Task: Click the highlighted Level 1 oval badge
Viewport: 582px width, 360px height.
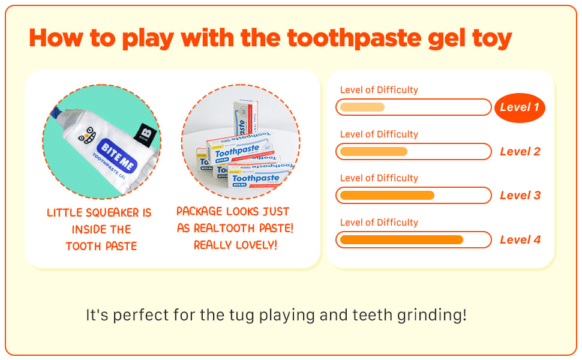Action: click(x=520, y=107)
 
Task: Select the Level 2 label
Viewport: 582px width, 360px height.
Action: click(x=520, y=151)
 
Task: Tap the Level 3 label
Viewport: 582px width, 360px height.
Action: click(x=520, y=195)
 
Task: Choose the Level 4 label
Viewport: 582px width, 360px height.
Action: click(x=520, y=240)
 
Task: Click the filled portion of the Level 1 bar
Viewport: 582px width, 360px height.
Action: click(x=362, y=107)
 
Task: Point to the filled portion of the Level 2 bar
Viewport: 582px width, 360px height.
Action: click(x=374, y=151)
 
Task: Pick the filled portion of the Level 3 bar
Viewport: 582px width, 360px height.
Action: click(x=387, y=195)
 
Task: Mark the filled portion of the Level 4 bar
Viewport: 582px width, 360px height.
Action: click(x=401, y=240)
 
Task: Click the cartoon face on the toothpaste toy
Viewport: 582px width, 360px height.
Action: click(x=87, y=135)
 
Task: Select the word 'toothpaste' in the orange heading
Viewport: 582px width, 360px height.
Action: click(x=355, y=38)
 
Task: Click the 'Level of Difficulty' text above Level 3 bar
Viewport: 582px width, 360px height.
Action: click(x=379, y=178)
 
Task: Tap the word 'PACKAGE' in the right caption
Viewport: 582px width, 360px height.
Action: click(x=199, y=211)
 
